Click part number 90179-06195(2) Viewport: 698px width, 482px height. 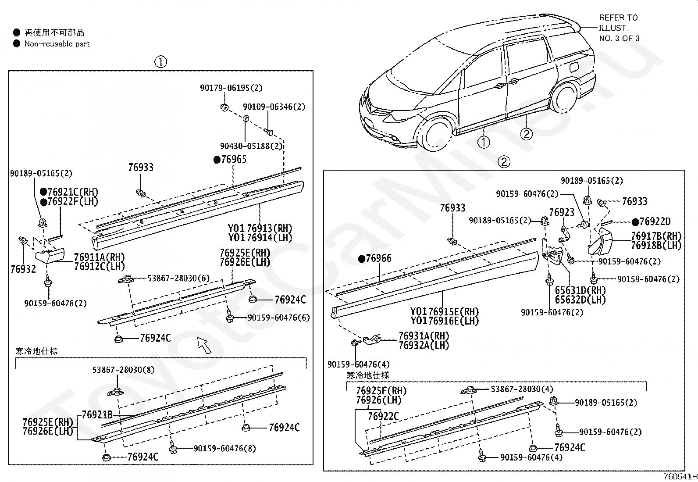[231, 88]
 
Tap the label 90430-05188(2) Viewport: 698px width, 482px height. [251, 146]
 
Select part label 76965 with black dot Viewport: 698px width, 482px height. [230, 159]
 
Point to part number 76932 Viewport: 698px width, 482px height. [23, 268]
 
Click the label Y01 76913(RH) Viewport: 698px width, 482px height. [260, 229]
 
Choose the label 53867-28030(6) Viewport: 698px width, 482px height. [178, 278]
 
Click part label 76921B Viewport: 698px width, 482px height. [97, 415]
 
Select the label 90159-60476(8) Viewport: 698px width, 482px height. [224, 448]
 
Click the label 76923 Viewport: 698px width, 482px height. [562, 213]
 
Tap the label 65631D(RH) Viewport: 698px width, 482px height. [580, 290]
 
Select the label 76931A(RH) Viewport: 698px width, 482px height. [424, 336]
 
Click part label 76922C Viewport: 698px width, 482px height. [383, 416]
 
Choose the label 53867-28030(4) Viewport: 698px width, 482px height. [521, 389]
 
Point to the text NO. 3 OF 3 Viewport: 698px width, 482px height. [619, 38]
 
